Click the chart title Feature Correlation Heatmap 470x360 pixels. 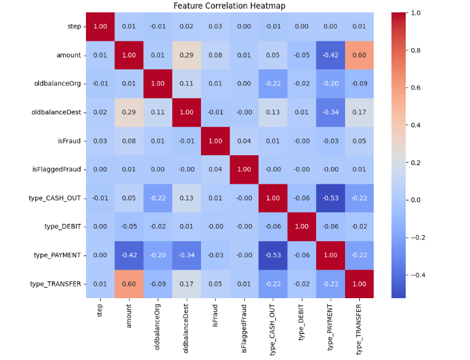[x=229, y=6]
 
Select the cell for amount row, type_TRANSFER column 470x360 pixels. [x=359, y=55]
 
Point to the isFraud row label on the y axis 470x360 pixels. [x=67, y=141]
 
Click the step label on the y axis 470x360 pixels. [x=74, y=27]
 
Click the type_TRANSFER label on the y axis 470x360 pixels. [x=56, y=283]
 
